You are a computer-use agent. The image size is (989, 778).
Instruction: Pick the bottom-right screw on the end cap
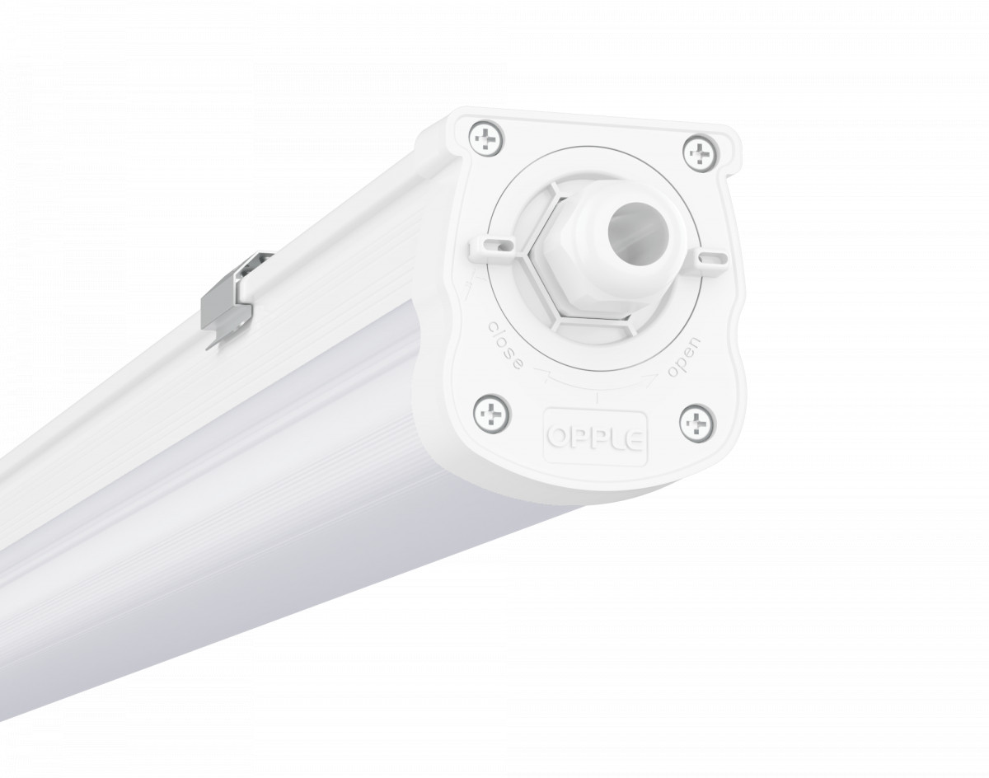pyautogui.click(x=694, y=422)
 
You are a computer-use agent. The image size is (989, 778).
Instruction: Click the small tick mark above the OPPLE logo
pyautogui.click(x=598, y=398)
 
